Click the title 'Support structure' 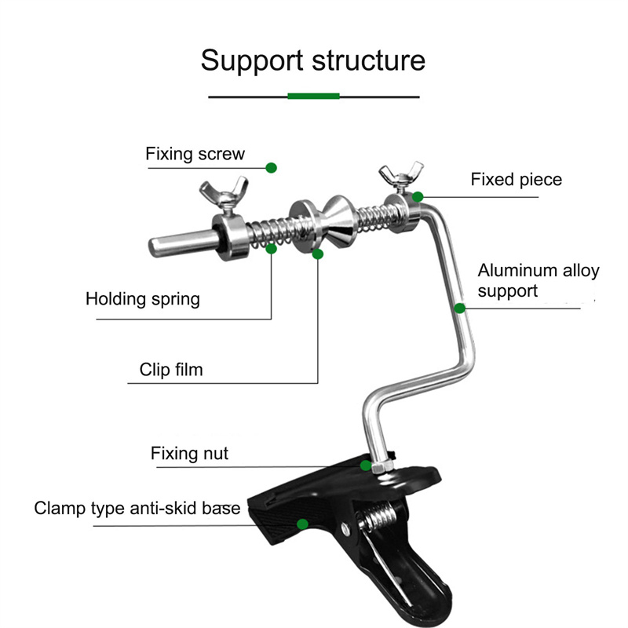tap(312, 60)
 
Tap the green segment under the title tap(314, 96)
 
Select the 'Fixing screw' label tap(195, 154)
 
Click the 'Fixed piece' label tap(516, 180)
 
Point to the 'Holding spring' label tap(142, 299)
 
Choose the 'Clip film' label tap(170, 369)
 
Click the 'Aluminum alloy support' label tap(538, 280)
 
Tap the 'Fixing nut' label tap(189, 454)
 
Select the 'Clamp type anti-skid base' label tap(137, 509)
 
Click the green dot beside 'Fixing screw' tap(272, 167)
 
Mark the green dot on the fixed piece tap(418, 196)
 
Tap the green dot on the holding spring tap(272, 249)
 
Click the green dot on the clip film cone tap(318, 254)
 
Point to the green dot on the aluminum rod tap(459, 309)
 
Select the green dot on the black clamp tap(302, 523)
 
